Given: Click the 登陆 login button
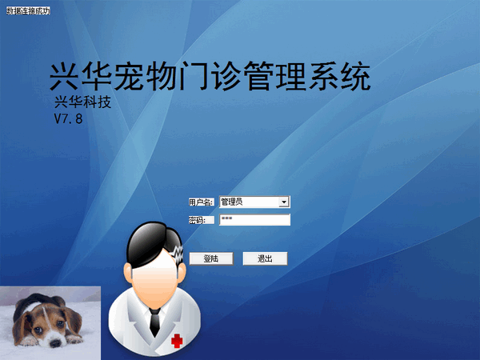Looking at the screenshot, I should pyautogui.click(x=210, y=258).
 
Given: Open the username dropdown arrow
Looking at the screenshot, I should pyautogui.click(x=283, y=202).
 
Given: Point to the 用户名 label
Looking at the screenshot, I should pyautogui.click(x=202, y=202).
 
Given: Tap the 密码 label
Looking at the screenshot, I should pyautogui.click(x=198, y=220).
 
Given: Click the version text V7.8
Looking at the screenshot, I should pyautogui.click(x=68, y=118).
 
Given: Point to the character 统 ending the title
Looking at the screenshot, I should pyautogui.click(x=354, y=77).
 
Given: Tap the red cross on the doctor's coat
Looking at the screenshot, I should pyautogui.click(x=177, y=341).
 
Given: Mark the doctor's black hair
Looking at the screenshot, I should pyautogui.click(x=144, y=237).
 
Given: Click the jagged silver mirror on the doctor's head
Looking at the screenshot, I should pyautogui.click(x=177, y=257).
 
